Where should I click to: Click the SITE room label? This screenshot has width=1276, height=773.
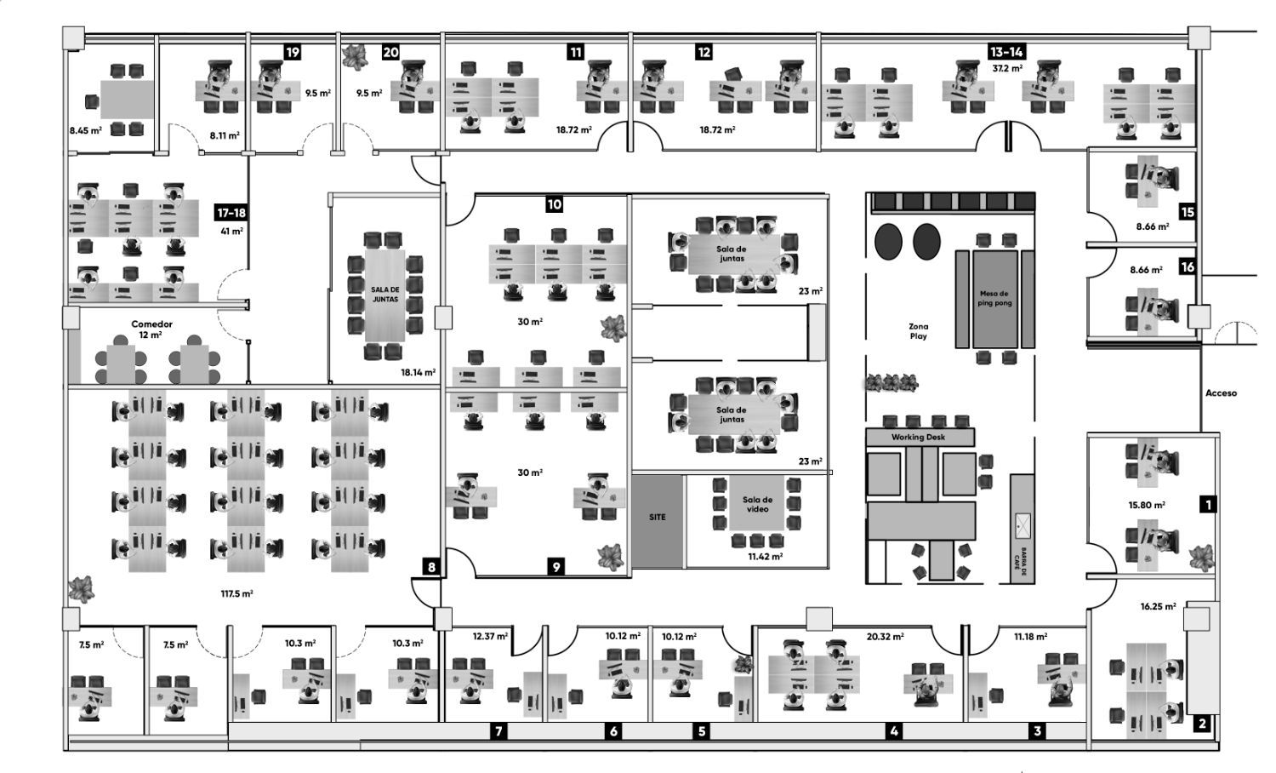pos(657,518)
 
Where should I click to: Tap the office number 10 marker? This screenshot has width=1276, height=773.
pos(555,204)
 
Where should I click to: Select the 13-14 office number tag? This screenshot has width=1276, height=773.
pos(1006,52)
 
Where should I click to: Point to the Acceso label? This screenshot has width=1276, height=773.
pos(1221,393)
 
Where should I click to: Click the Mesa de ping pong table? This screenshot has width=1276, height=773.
pos(994,298)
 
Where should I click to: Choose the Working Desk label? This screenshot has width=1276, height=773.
pos(918,437)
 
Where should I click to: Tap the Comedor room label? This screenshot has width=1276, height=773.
pos(151,324)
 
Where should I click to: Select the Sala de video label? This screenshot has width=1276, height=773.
pos(757,505)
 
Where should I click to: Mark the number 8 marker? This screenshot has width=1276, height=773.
pos(432,567)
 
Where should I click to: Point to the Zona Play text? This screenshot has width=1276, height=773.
pos(918,331)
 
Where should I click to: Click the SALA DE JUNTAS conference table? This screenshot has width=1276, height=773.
pos(385,295)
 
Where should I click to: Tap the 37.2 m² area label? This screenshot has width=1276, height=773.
pos(1007,68)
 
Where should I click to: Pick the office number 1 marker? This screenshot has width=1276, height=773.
pos(1207,505)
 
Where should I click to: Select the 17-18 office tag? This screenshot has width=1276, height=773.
pos(231,213)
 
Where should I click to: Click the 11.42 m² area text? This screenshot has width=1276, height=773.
pos(765,556)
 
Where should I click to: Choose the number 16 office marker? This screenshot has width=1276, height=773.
pos(1188,267)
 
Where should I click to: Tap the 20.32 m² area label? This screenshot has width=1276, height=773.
pos(885,636)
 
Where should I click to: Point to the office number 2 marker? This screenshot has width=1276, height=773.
pos(1202,724)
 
